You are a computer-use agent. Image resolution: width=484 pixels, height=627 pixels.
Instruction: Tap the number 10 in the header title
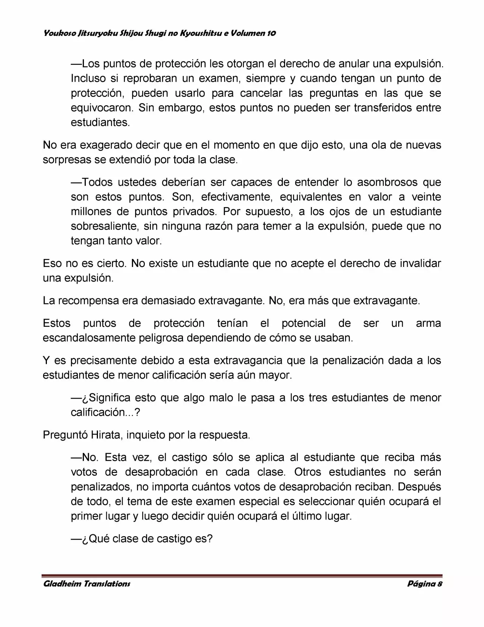(271, 33)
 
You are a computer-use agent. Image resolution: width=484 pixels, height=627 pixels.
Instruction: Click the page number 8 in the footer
(440, 583)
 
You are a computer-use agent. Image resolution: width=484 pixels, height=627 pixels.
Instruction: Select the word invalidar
(420, 264)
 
